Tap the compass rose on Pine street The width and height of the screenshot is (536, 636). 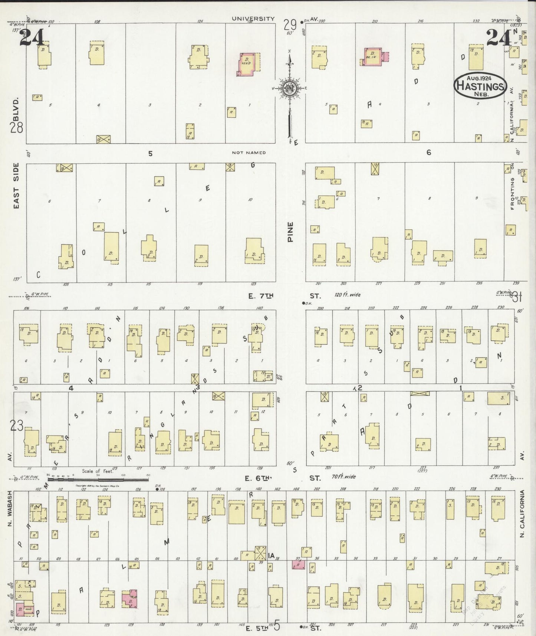pos(289,88)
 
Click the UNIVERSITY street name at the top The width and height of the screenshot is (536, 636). pos(253,19)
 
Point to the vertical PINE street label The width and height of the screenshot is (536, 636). pos(290,232)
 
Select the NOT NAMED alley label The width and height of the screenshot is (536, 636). pos(249,153)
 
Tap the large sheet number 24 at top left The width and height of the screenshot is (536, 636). pos(32,38)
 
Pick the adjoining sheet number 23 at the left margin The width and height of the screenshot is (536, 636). pos(17,426)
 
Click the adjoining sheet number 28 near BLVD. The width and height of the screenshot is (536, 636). pos(17,128)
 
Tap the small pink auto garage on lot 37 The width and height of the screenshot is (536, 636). pos(298,565)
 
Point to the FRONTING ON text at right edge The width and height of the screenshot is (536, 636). pos(513,188)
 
